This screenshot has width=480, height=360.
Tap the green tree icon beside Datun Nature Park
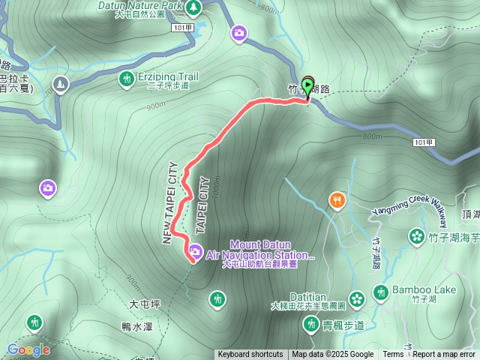[x=193, y=6]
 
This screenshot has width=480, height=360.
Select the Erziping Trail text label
[x=167, y=76]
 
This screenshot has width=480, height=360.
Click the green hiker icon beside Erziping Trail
[x=125, y=77]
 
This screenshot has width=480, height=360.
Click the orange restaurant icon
[x=337, y=200]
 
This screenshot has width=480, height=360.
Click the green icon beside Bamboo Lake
[x=381, y=291]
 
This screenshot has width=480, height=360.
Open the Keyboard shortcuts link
[x=250, y=355]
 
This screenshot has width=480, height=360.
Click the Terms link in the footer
[x=392, y=355]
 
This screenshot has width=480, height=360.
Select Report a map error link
[x=444, y=355]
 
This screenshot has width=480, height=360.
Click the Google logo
[x=28, y=349]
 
